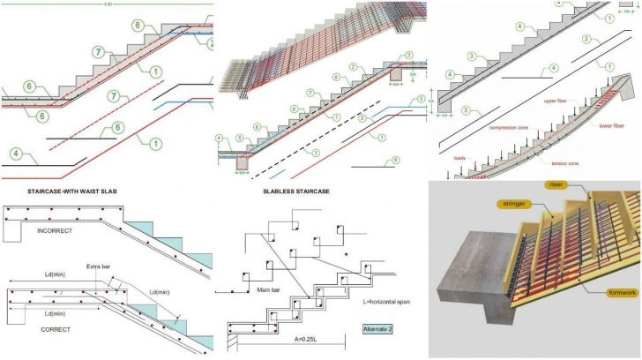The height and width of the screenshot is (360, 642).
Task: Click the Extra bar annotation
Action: [110, 266]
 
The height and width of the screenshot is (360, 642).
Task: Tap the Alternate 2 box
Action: [384, 330]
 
